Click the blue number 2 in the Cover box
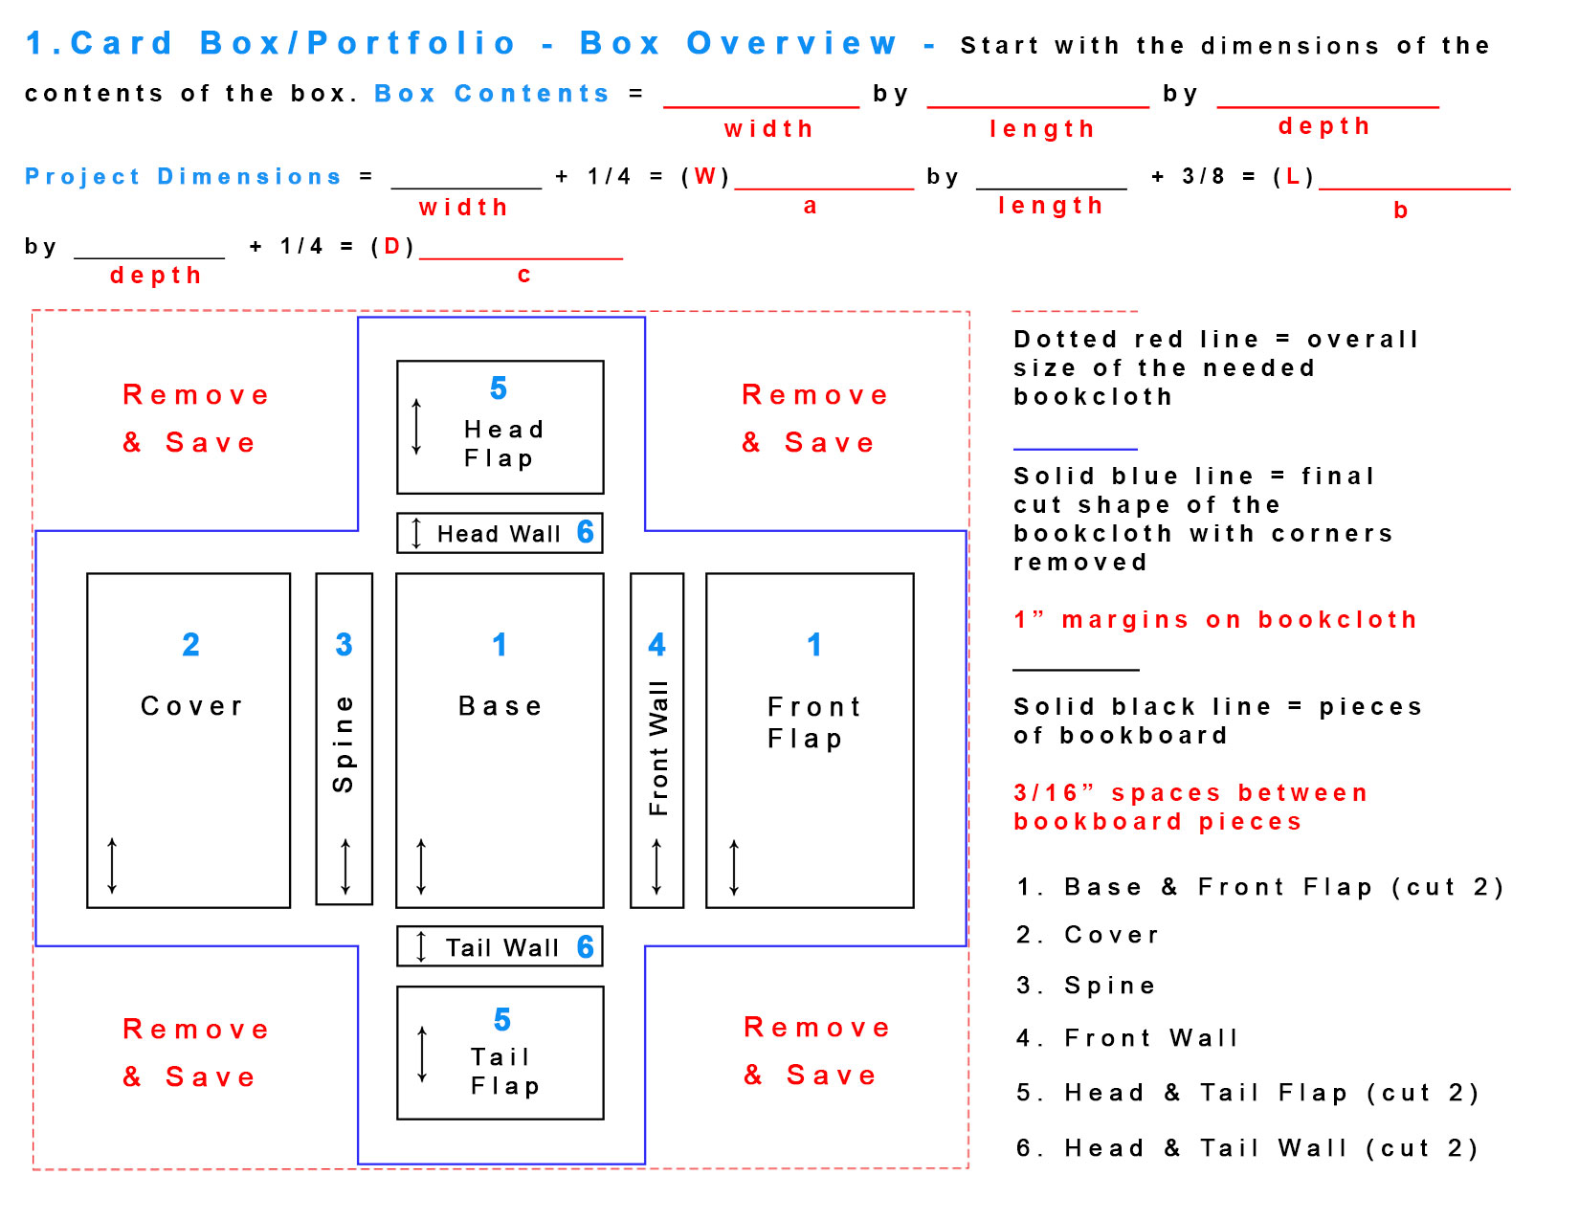pos(191,645)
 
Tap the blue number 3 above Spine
pos(345,645)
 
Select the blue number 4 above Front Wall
pos(656,645)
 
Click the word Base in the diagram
pos(500,706)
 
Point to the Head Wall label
pos(499,534)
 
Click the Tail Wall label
pos(502,947)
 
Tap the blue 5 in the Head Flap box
pos(499,388)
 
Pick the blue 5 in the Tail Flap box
pos(502,1020)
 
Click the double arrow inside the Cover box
pos(112,866)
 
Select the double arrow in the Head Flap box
pos(416,427)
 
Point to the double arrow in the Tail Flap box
pos(422,1054)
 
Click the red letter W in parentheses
pos(705,177)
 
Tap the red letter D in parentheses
pos(391,247)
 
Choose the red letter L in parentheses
pos(1293,177)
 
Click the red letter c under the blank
pos(523,276)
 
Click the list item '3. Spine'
pos(1086,986)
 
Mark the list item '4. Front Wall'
pos(1127,1038)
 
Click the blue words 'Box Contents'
pos(492,94)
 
